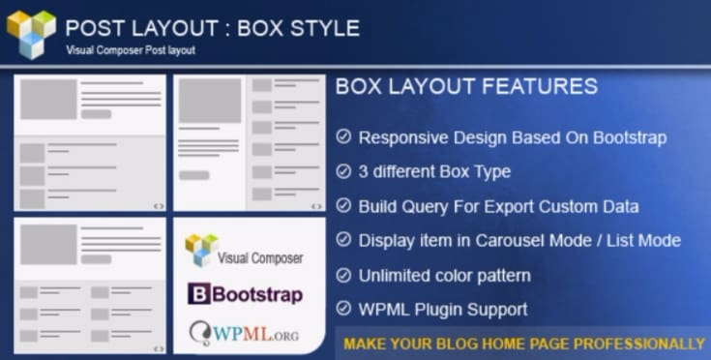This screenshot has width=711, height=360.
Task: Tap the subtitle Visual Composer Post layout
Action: [x=131, y=50]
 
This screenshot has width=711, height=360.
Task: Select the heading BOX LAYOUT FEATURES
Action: [x=466, y=86]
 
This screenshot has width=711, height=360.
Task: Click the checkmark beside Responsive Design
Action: [x=343, y=137]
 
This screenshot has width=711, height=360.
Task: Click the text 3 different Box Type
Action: [x=434, y=171]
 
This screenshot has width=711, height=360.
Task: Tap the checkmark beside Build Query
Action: [x=343, y=206]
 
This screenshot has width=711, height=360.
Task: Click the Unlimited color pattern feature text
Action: [x=444, y=275]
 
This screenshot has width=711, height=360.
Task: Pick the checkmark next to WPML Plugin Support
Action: [x=343, y=310]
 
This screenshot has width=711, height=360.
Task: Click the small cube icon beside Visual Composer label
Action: [x=201, y=250]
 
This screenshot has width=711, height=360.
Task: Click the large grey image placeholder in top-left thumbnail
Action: [x=48, y=99]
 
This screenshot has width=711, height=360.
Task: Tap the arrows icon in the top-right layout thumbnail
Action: [x=315, y=205]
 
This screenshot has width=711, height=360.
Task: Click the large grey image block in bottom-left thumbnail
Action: [x=48, y=244]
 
